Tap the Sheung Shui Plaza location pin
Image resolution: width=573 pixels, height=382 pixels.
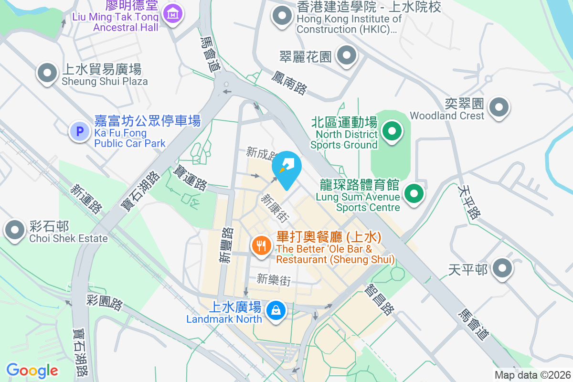pos(47,74)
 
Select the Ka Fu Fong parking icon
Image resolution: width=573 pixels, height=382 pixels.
pos(79,131)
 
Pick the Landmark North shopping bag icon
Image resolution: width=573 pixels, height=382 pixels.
pos(276,311)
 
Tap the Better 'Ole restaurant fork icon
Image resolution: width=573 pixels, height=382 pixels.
pos(261,246)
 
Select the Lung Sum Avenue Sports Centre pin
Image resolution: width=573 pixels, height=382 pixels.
pos(414,194)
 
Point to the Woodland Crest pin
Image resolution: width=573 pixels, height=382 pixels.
pos(499,106)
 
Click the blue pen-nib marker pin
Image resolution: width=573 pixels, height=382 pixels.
pos(286,167)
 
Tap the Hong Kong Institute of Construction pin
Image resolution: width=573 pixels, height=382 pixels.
pos(282,16)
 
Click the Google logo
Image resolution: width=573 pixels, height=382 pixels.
pos(32,370)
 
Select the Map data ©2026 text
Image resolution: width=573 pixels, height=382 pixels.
pos(532,375)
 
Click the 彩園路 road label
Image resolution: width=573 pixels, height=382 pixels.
pos(105,302)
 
